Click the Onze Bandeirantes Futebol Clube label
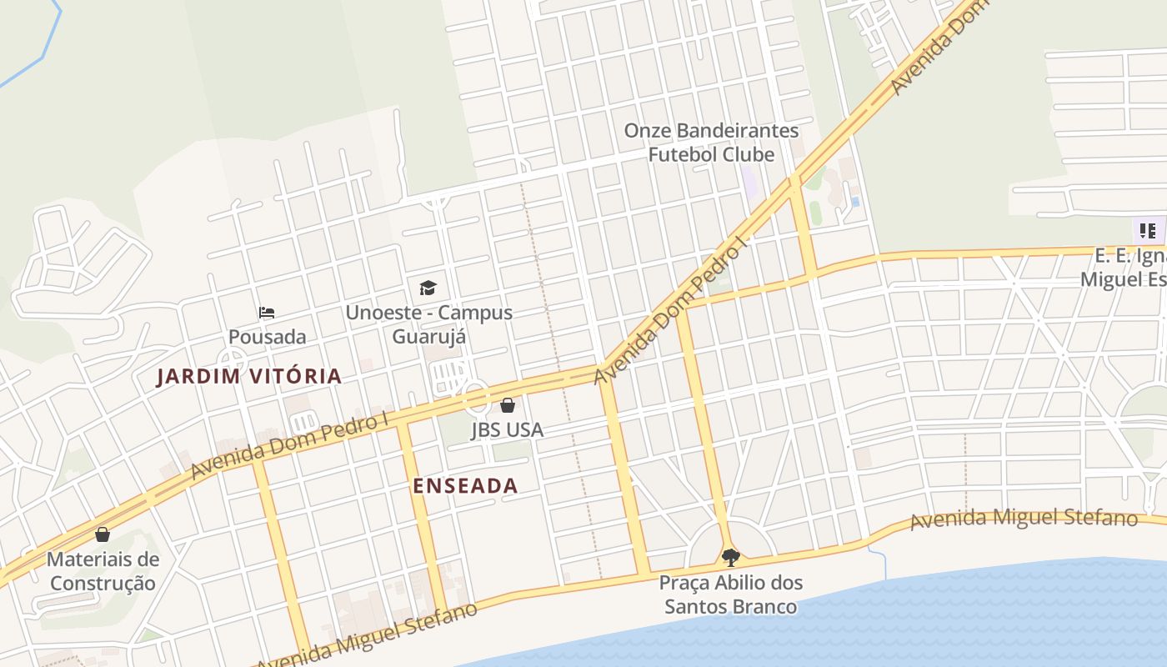point(711,143)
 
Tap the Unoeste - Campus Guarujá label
point(429,324)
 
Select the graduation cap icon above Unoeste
point(428,288)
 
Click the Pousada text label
point(268,337)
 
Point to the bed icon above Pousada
point(267,313)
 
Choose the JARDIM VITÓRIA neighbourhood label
point(249,376)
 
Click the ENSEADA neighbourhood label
point(465,485)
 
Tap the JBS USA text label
point(507,430)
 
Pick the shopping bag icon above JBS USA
point(507,405)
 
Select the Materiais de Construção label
point(103,571)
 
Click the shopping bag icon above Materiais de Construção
point(103,534)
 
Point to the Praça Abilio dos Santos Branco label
point(730,594)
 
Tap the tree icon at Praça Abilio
point(730,557)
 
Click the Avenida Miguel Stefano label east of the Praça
point(1024,519)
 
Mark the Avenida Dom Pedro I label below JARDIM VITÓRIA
point(289,446)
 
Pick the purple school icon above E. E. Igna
point(1147,230)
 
